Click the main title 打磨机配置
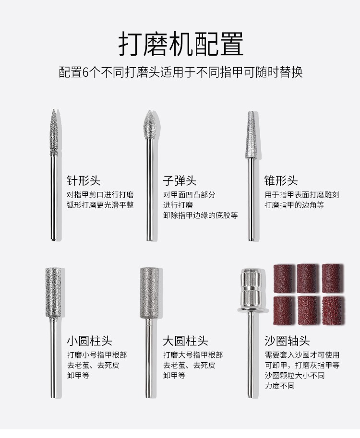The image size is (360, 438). click(181, 44)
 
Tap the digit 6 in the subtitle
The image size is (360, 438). click(86, 72)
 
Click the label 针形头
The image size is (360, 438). click(84, 180)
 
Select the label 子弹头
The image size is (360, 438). click(180, 180)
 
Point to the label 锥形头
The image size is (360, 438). click(281, 180)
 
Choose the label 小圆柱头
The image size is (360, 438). click(89, 341)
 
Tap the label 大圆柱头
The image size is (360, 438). click(185, 341)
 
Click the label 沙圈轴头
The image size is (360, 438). click(287, 341)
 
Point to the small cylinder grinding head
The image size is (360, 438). click(53, 293)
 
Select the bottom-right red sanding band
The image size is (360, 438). click(333, 311)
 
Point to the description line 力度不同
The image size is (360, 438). click(280, 386)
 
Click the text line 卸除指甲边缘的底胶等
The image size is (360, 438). click(201, 215)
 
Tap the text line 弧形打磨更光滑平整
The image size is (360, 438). click(100, 205)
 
